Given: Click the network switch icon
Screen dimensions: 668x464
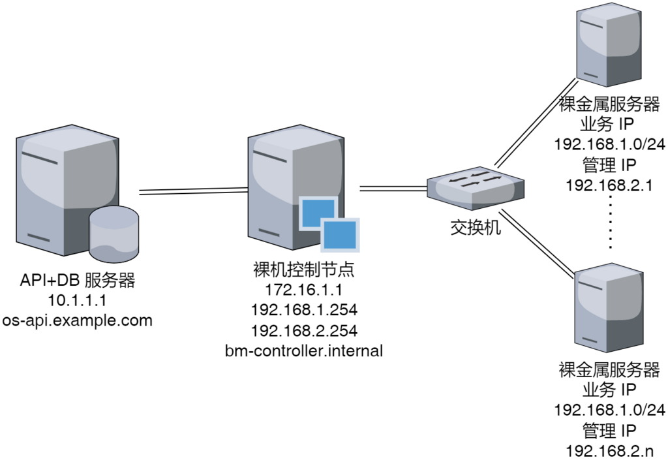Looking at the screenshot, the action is tap(476, 189).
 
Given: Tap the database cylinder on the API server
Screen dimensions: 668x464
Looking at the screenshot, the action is tap(114, 234).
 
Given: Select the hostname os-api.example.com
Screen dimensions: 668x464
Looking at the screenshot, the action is tap(77, 320).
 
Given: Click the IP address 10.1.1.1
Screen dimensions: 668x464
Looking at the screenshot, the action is tap(77, 300).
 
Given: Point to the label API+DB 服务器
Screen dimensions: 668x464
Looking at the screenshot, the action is tap(77, 281).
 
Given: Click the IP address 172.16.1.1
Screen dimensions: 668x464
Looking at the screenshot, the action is tap(304, 290).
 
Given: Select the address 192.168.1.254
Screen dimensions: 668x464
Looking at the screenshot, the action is tap(304, 310).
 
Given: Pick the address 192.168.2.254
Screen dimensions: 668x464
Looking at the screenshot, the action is tap(304, 331).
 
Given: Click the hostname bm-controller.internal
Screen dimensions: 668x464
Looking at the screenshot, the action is tap(304, 351).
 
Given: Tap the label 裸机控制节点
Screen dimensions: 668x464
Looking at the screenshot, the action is tap(304, 270).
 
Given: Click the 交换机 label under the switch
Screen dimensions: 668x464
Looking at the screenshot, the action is tap(476, 228).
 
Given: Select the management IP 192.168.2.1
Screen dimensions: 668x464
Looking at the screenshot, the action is tap(609, 185).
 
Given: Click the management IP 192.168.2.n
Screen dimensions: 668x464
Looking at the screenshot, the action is tap(609, 451).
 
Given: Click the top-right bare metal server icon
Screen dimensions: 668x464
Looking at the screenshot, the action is tap(609, 44).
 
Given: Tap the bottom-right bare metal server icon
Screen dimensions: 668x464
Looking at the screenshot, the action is tap(609, 307).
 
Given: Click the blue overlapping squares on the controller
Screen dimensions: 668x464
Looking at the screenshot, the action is tap(329, 224).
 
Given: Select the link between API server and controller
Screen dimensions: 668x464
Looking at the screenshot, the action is tap(194, 191).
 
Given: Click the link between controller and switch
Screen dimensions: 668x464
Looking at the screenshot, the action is tap(393, 189).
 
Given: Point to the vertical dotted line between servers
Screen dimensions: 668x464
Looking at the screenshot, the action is tap(611, 222).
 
